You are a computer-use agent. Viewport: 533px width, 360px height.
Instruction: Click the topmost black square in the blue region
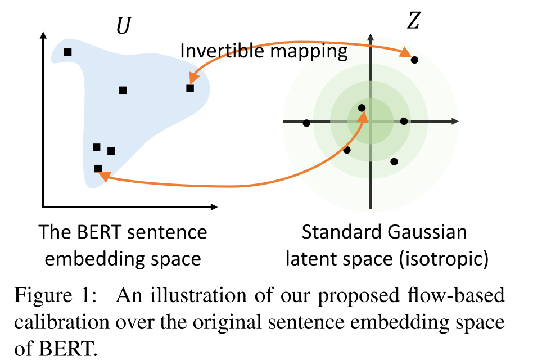tap(67, 52)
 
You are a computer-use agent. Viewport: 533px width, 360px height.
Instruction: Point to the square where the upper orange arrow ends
tap(190, 88)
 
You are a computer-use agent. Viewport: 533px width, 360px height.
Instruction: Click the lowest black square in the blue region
tap(98, 168)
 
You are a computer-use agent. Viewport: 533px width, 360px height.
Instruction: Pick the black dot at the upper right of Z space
tap(414, 60)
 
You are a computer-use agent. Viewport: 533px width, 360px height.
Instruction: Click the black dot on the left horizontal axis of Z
tap(306, 123)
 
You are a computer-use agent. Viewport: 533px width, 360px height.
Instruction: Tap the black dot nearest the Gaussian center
tap(362, 108)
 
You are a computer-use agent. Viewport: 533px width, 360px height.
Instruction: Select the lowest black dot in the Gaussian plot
tap(394, 161)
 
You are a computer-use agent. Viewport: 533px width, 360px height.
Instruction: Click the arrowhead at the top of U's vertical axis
tap(43, 35)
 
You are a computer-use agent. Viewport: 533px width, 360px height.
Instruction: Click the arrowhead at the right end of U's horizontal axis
tap(216, 206)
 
